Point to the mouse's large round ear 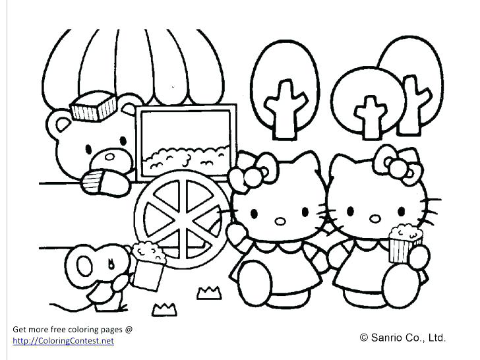coord(87,264)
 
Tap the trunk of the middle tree coord(368,120)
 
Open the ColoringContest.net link coord(63,341)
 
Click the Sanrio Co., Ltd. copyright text coord(403,338)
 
